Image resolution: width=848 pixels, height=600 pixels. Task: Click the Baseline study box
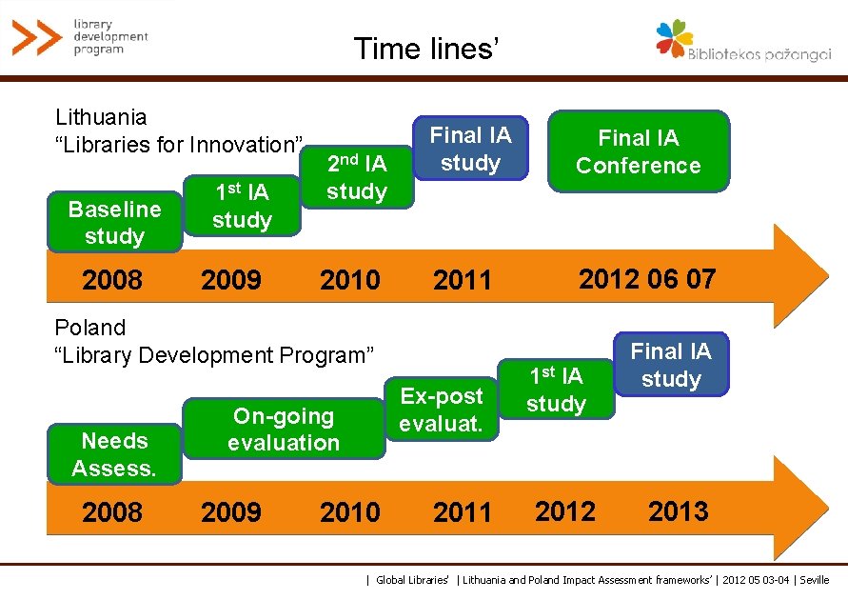click(x=114, y=222)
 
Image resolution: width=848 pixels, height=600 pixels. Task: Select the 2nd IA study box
click(x=357, y=177)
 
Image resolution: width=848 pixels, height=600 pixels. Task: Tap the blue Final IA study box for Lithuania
click(x=470, y=148)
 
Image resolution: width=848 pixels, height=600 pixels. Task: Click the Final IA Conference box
click(x=639, y=151)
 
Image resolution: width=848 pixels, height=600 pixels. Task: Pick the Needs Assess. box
click(x=114, y=454)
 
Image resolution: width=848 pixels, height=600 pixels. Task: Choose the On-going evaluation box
click(x=284, y=429)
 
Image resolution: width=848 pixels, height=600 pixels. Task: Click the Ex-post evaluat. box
click(x=442, y=409)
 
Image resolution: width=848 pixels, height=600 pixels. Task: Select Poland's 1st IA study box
click(x=556, y=389)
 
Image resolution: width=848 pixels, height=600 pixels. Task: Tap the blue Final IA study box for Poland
click(x=672, y=364)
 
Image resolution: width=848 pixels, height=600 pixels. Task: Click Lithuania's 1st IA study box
click(x=242, y=206)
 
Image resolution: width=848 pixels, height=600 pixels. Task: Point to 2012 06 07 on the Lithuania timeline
click(x=647, y=279)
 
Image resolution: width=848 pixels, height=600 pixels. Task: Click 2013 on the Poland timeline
click(x=679, y=511)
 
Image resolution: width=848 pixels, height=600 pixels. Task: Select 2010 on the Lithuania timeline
click(x=350, y=280)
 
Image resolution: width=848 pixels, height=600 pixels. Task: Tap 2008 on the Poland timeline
click(x=112, y=511)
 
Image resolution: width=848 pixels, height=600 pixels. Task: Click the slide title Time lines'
click(x=426, y=49)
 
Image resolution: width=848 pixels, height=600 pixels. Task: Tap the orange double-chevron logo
click(x=37, y=37)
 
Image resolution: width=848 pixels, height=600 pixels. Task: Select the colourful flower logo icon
click(x=674, y=38)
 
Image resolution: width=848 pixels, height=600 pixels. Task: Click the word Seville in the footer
click(x=815, y=580)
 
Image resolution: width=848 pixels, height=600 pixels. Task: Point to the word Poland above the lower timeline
click(x=90, y=328)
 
